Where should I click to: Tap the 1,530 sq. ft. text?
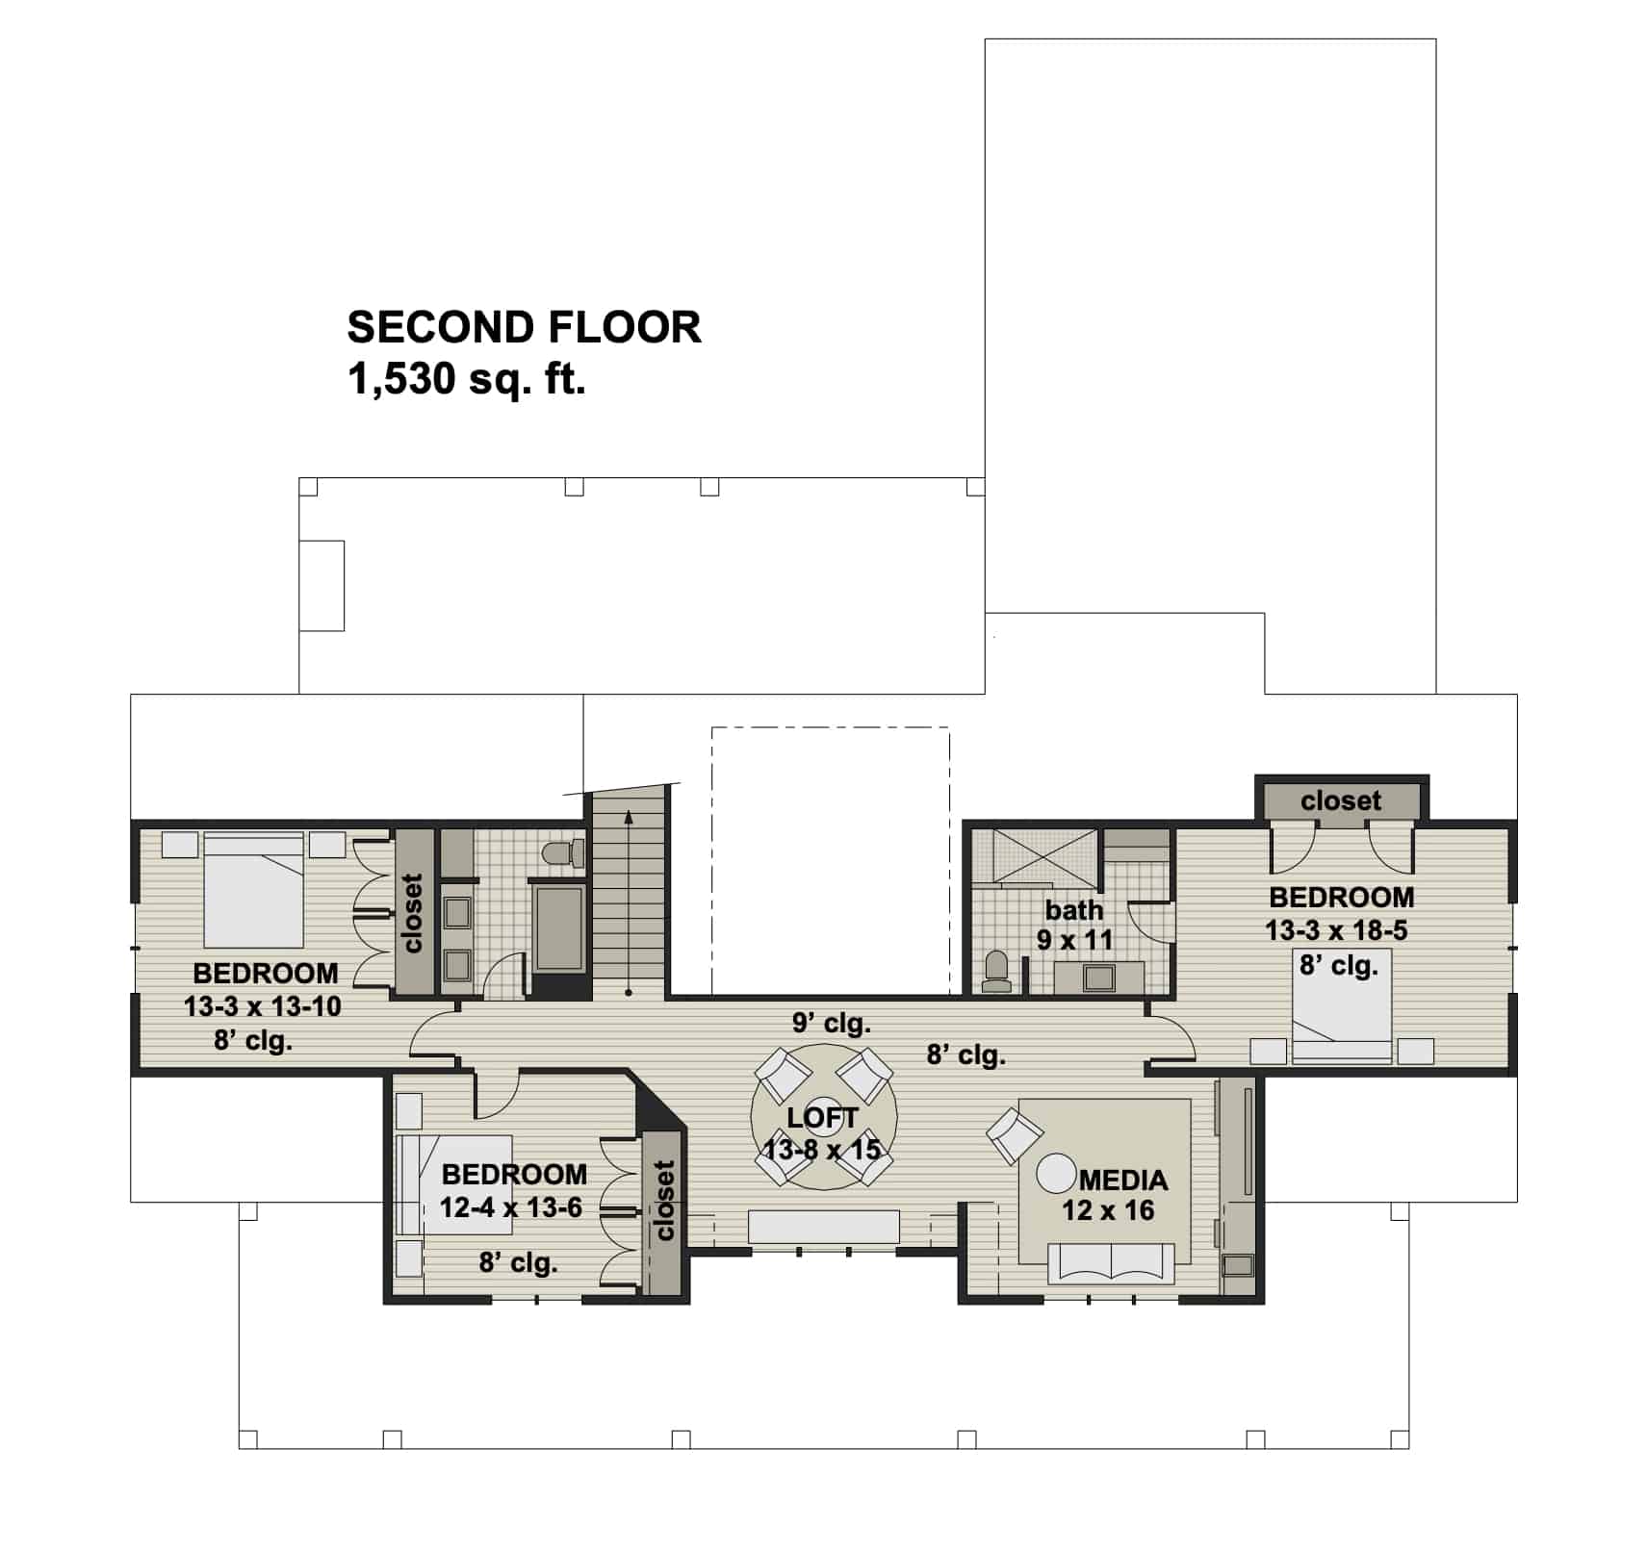(x=466, y=381)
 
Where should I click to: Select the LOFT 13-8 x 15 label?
(x=822, y=1133)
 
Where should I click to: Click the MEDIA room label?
(x=1122, y=1180)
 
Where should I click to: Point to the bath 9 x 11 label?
(x=1074, y=925)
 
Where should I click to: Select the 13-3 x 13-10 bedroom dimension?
(x=262, y=1006)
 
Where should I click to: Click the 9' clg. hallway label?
(x=831, y=1023)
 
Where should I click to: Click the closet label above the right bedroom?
(x=1340, y=800)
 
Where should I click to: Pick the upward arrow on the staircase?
(x=629, y=818)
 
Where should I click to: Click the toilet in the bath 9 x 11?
(x=996, y=973)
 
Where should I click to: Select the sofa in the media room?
(x=1112, y=1263)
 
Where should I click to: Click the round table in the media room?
(x=1055, y=1174)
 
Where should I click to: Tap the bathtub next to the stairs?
(x=559, y=928)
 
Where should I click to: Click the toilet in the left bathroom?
(x=564, y=853)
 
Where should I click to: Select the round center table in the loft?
(x=823, y=1116)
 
